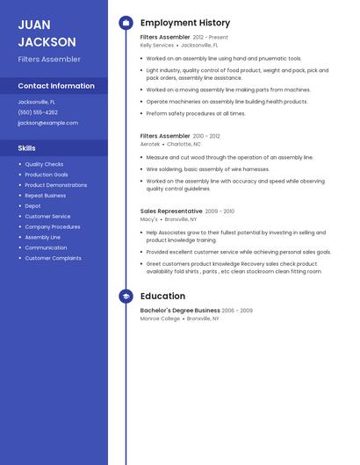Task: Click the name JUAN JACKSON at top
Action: pos(47,33)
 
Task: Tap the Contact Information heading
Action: pos(56,86)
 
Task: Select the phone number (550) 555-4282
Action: pos(38,112)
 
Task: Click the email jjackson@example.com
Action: pos(47,123)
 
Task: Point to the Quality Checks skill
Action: pos(44,164)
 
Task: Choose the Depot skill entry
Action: pos(32,206)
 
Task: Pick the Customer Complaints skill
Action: pos(53,258)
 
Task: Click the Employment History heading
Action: pos(185,23)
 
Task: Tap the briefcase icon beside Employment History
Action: pos(126,23)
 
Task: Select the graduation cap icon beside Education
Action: pos(126,297)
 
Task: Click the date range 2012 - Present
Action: pos(210,38)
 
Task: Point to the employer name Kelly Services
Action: pos(157,45)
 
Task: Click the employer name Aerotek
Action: pos(151,144)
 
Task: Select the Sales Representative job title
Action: pos(171,211)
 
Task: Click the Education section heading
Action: pos(162,297)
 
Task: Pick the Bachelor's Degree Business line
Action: pos(180,311)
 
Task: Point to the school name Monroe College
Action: pos(160,318)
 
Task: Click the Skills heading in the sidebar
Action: pos(26,148)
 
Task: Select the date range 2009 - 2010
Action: pos(220,211)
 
